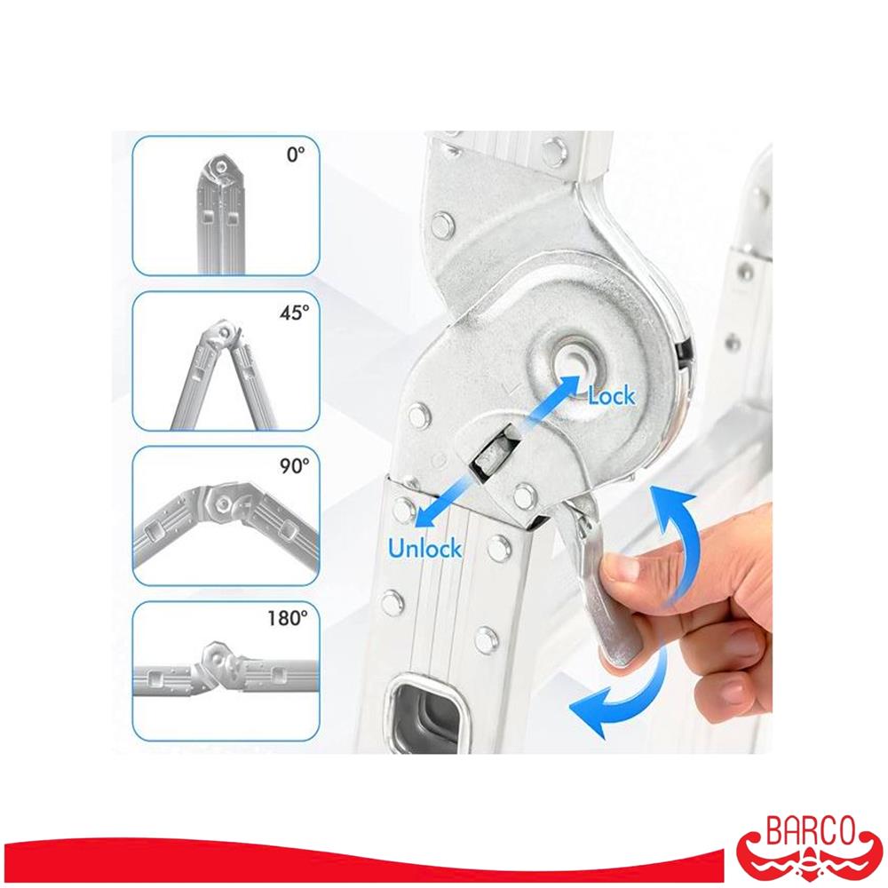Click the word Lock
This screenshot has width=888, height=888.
tap(612, 396)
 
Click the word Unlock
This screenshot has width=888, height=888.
tap(424, 548)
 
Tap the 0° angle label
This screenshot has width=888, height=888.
tap(296, 155)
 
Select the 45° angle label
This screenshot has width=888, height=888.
tap(295, 312)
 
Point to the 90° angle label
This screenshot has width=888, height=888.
tap(295, 466)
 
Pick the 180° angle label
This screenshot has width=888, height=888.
tap(289, 618)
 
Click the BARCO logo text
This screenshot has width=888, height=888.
tap(810, 831)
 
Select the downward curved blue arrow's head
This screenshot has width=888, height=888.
tap(591, 710)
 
